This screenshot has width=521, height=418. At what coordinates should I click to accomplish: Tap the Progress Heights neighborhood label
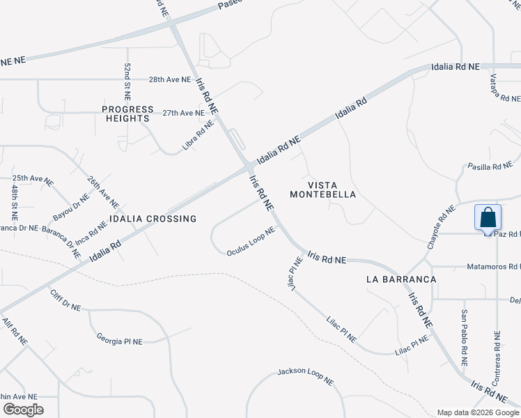(x=127, y=114)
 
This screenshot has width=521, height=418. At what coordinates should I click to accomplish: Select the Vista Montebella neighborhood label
(x=322, y=189)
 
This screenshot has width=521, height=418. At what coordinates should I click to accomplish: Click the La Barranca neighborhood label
(x=401, y=279)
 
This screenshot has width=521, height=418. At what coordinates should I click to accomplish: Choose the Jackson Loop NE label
(x=306, y=376)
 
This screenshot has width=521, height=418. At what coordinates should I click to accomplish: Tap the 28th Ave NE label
(x=170, y=79)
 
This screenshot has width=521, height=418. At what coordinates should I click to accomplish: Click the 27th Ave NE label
(x=184, y=112)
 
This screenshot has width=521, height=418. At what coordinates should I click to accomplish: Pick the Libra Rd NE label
(x=198, y=134)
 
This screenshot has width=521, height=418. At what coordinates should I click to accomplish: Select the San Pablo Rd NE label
(x=464, y=339)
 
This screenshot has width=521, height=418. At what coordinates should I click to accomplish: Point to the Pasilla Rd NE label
(x=490, y=167)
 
